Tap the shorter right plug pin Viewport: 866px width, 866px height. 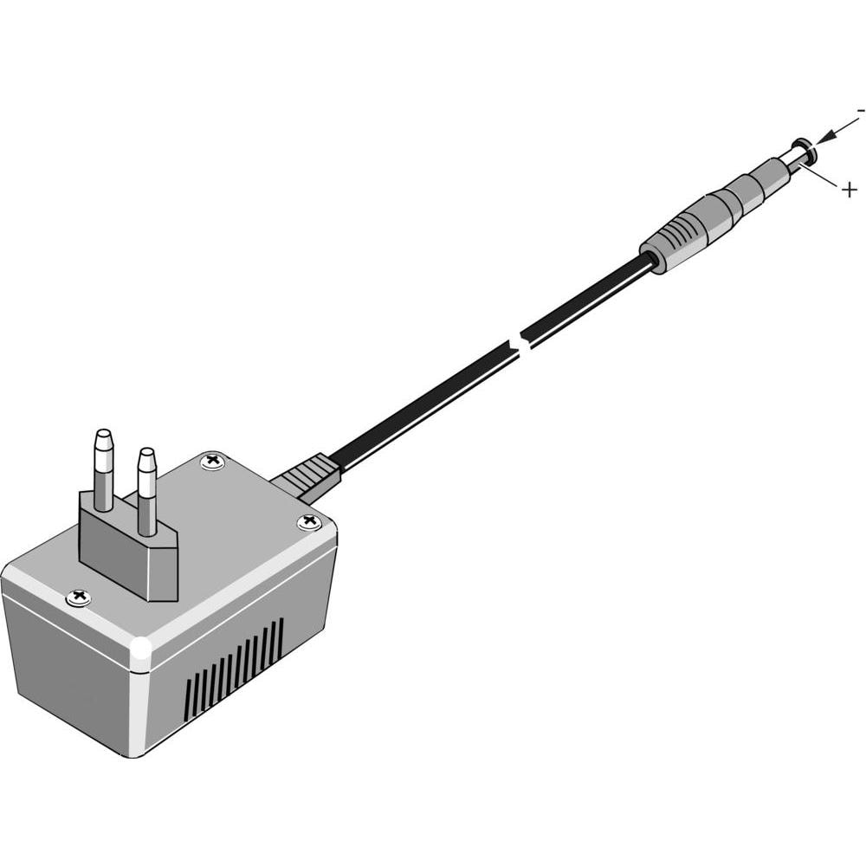coord(146,492)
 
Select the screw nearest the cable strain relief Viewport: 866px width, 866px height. coord(213,460)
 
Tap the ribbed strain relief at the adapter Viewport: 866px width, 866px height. coord(307,476)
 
